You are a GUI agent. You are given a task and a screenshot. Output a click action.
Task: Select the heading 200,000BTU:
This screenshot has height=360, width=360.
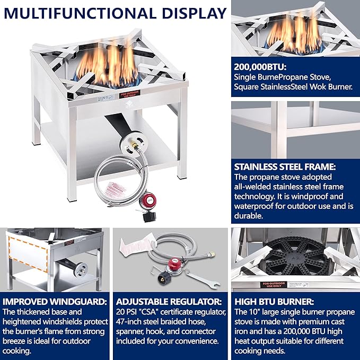(261, 67)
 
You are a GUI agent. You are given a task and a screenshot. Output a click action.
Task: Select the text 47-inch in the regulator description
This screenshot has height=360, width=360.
(130, 321)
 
